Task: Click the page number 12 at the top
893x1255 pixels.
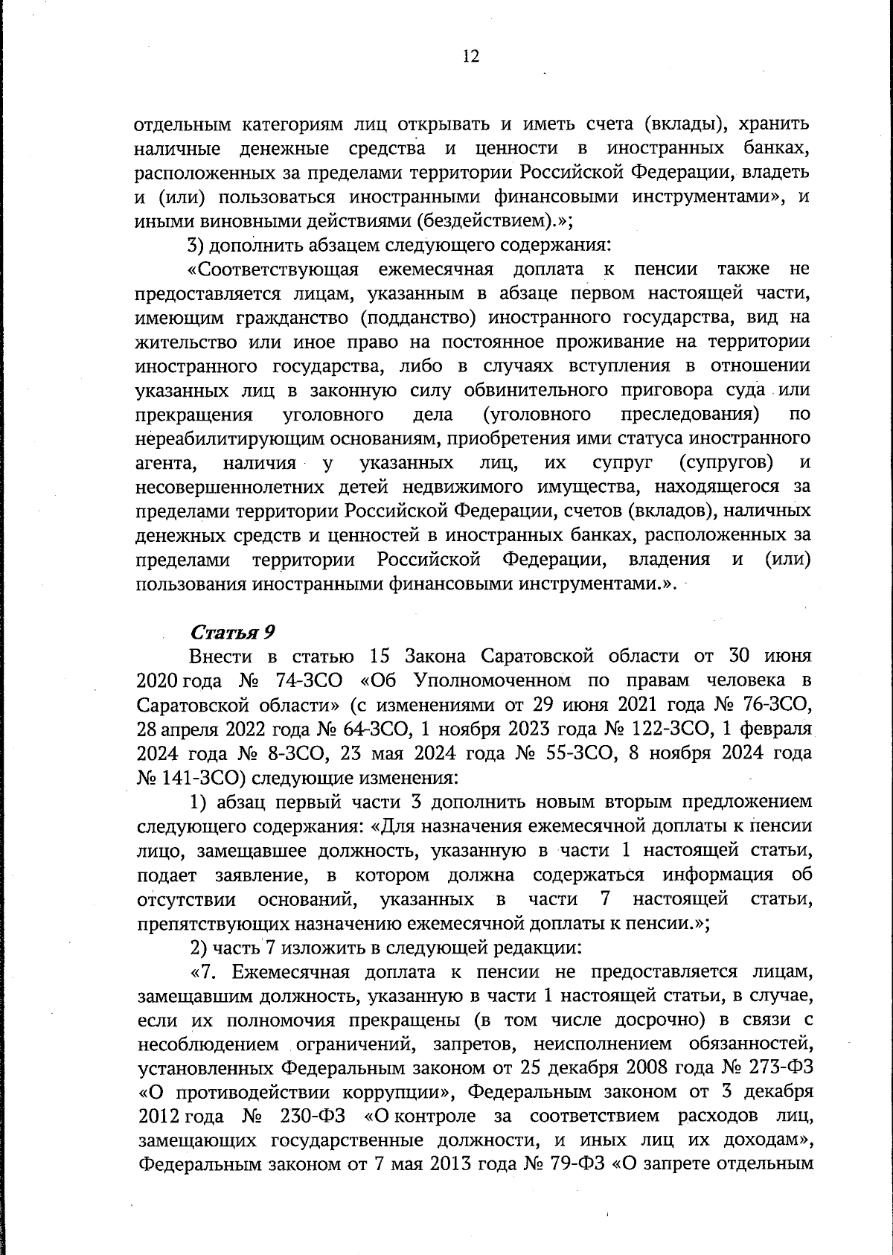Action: tap(470, 57)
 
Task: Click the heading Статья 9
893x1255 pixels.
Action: tap(233, 632)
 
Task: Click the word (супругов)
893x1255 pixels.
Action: tap(726, 463)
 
